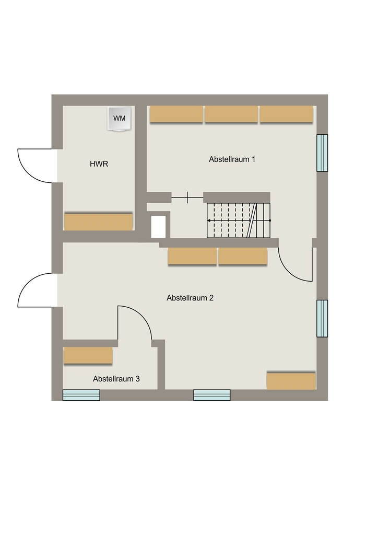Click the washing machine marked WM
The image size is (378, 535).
point(119,119)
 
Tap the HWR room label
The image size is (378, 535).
point(99,164)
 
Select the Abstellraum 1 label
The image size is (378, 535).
point(232,159)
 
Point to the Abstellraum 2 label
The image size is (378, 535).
point(190,298)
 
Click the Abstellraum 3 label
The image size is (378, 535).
point(116,379)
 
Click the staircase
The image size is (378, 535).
point(239,220)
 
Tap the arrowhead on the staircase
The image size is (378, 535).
point(209,220)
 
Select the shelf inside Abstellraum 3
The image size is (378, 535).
point(88,355)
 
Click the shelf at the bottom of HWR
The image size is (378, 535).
point(98,222)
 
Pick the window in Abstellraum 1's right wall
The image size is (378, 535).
point(322,153)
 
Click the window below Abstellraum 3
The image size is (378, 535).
point(81,395)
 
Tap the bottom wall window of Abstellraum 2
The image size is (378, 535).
point(211,395)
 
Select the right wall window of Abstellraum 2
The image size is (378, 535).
point(322,318)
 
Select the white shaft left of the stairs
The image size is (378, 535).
point(158,227)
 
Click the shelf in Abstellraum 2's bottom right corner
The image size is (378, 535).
point(291,381)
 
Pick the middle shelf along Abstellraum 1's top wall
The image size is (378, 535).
point(231,114)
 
